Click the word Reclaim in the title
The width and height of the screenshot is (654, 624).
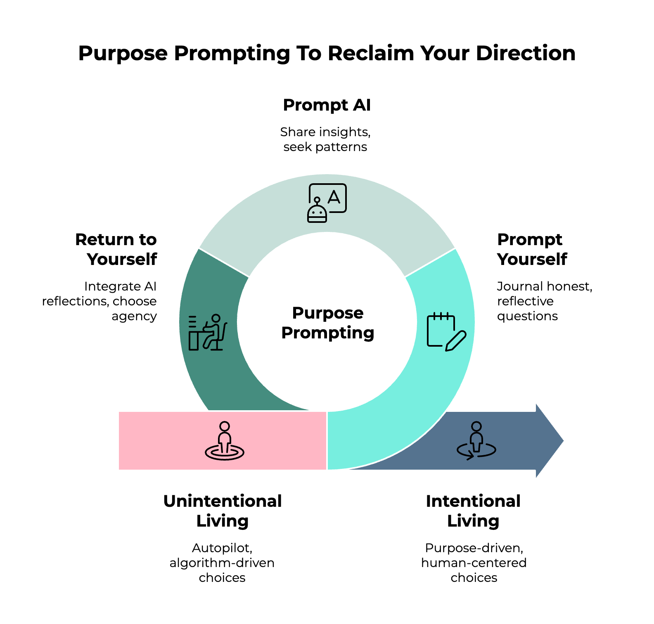(x=370, y=53)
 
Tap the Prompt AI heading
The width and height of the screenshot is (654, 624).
(x=327, y=105)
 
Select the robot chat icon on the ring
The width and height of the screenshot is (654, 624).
(x=327, y=203)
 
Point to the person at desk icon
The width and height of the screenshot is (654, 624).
(x=207, y=332)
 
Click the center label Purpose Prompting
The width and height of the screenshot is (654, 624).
(x=327, y=323)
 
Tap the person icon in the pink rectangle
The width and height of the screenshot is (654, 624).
(x=225, y=441)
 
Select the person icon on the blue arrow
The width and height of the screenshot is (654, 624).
(x=476, y=441)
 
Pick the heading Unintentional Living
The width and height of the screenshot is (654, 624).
(x=223, y=511)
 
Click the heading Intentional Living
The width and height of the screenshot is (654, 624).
(x=473, y=511)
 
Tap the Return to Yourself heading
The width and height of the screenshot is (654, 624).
(x=116, y=249)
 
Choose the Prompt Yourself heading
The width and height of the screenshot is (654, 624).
(x=532, y=249)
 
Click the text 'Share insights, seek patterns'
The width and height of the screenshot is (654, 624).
(x=325, y=139)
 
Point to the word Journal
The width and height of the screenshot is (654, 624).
(x=519, y=286)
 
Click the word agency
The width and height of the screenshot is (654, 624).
(x=134, y=316)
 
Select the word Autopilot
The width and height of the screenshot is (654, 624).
(x=222, y=548)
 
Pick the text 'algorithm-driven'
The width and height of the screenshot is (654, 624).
(x=222, y=563)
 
